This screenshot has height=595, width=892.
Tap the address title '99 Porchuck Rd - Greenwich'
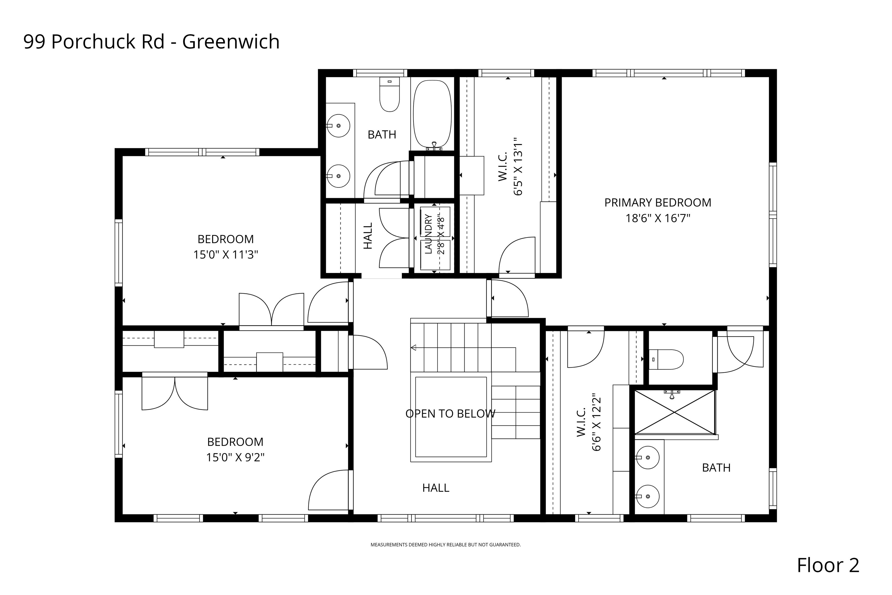pyautogui.click(x=152, y=42)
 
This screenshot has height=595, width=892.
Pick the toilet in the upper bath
pyautogui.click(x=390, y=94)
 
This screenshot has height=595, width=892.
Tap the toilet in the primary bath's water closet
pyautogui.click(x=666, y=359)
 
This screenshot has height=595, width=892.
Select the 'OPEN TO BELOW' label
pyautogui.click(x=450, y=414)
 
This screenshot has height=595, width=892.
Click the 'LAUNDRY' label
pyautogui.click(x=428, y=234)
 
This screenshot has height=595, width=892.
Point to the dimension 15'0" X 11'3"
pyautogui.click(x=226, y=255)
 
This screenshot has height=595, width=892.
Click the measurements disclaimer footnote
pyautogui.click(x=446, y=544)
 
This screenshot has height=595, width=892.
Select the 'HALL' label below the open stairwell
pyautogui.click(x=436, y=488)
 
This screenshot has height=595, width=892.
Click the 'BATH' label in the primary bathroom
pyautogui.click(x=716, y=468)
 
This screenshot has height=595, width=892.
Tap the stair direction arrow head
pyautogui.click(x=413, y=348)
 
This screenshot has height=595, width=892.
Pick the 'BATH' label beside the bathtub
pyautogui.click(x=382, y=135)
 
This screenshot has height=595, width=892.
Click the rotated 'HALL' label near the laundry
pyautogui.click(x=368, y=236)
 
